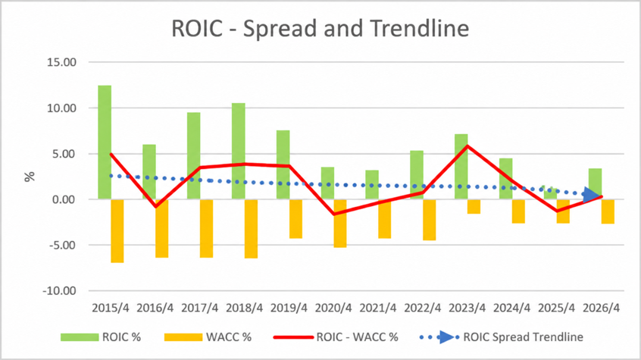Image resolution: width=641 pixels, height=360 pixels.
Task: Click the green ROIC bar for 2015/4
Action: coord(105,142)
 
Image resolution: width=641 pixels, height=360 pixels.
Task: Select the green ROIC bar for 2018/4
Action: coord(239,151)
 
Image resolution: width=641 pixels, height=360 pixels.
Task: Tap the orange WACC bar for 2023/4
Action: coord(474,207)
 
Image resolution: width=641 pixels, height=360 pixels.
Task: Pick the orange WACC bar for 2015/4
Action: coord(117,231)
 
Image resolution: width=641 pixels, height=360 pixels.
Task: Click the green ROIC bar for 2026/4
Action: coord(595,183)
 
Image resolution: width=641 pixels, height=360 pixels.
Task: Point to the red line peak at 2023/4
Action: coord(467,146)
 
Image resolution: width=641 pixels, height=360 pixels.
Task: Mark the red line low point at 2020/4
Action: coord(334,214)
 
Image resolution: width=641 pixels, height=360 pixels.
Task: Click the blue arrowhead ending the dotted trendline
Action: coord(591,195)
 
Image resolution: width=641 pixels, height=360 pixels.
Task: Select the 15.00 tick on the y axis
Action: coord(61,62)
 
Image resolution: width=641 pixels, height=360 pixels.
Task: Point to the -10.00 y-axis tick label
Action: coord(60,291)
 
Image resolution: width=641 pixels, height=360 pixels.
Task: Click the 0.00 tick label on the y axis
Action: coord(64,199)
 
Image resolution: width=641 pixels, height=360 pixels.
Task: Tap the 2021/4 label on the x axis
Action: coord(378,308)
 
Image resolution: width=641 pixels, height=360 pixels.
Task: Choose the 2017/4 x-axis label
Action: coord(199,308)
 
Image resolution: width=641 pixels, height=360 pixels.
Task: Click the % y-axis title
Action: coord(30,177)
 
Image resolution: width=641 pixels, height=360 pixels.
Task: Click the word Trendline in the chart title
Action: coord(420,29)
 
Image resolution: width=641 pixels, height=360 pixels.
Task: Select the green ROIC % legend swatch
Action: coord(80,337)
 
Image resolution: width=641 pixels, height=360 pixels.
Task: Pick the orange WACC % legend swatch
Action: coord(183,337)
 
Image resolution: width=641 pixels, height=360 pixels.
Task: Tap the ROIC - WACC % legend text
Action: coord(358,337)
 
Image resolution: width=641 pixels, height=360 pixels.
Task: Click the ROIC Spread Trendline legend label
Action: coord(524,337)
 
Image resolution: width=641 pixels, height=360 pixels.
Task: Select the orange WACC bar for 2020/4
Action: coord(340,224)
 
